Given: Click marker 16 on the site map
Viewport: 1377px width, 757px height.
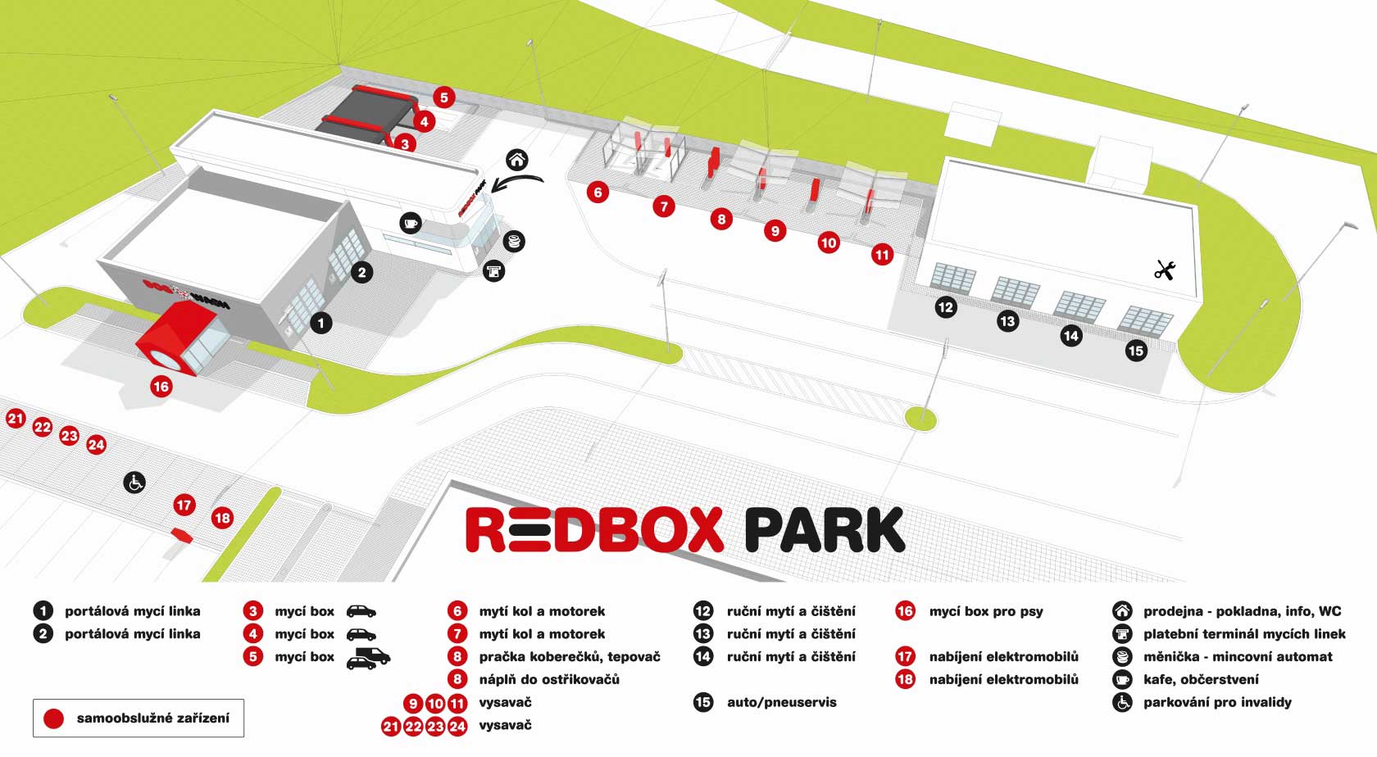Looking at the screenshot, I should [161, 386].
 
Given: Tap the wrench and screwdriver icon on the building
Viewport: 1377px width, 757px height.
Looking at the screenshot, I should [1165, 270].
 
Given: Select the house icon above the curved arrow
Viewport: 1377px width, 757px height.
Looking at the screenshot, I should [516, 159].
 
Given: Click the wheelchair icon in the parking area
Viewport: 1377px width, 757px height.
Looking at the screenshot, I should [134, 483].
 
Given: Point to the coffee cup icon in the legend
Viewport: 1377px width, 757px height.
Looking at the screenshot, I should [1122, 679].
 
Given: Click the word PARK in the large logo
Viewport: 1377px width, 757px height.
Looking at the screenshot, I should [825, 531].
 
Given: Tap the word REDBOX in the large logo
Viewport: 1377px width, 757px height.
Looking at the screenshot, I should [594, 531].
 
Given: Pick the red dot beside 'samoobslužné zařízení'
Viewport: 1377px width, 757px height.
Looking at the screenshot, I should [53, 718].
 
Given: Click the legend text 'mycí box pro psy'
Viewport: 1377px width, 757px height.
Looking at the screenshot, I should [986, 611].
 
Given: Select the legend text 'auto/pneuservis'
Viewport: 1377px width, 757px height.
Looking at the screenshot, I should [782, 702].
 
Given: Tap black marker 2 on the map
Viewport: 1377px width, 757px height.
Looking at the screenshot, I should [362, 272].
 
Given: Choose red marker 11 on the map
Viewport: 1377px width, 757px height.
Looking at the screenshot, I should [882, 255].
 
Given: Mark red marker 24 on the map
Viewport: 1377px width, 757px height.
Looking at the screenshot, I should [97, 445].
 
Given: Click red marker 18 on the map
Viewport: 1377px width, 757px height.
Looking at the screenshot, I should [222, 518].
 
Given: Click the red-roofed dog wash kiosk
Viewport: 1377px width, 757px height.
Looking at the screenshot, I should [180, 338].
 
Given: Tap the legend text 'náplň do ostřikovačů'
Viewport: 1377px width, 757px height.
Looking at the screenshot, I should [549, 679].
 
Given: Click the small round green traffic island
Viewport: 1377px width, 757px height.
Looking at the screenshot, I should [920, 419].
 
